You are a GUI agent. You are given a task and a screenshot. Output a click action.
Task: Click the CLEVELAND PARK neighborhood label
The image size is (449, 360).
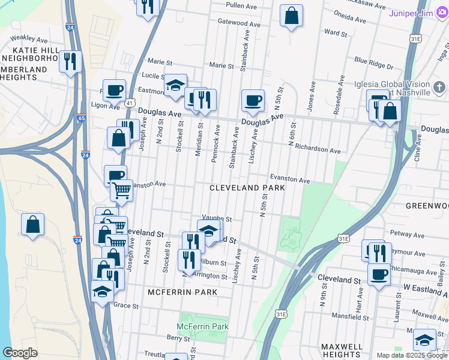pyautogui.click(x=247, y=188)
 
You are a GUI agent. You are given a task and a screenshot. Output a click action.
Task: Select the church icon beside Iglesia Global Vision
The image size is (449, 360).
pyautogui.click(x=439, y=88)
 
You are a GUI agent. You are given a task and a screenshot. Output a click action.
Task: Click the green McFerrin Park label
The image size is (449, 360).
pyautogui.click(x=203, y=326)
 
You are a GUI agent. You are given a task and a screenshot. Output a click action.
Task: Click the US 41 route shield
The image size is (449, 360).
pyautogui.click(x=129, y=103)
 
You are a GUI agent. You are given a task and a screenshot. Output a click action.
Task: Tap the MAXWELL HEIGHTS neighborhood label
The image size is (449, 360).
pyautogui.click(x=342, y=351)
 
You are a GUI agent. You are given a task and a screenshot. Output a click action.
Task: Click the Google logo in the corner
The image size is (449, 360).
pyautogui.click(x=20, y=353)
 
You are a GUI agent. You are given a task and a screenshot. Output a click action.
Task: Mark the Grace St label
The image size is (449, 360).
pyautogui.click(x=126, y=305)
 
